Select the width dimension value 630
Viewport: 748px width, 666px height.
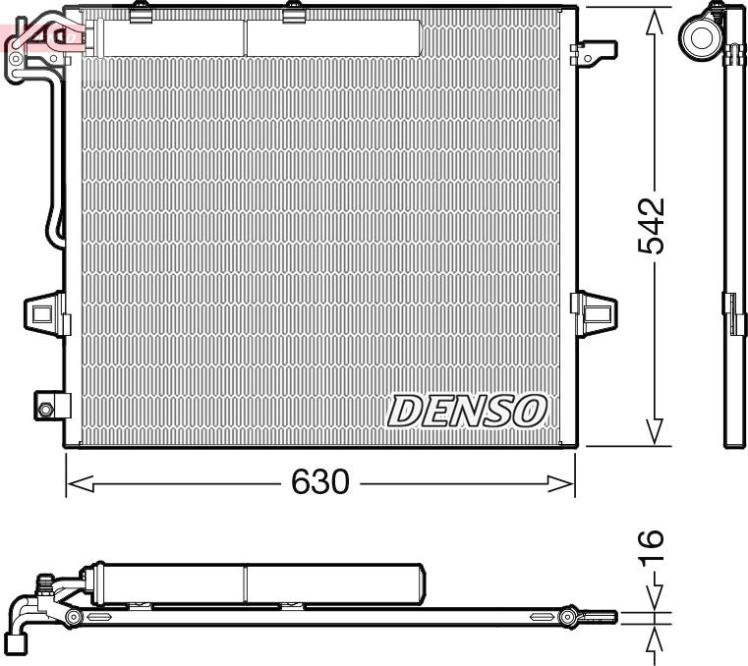tap(320, 482)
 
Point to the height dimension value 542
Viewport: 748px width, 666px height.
tap(652, 225)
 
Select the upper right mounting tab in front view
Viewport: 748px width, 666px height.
tap(596, 51)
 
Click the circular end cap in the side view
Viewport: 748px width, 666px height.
tap(703, 36)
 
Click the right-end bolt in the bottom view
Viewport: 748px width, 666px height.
tap(567, 617)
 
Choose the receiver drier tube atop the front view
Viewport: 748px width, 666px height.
tap(251, 38)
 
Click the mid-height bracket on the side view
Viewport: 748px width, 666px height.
tap(733, 312)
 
